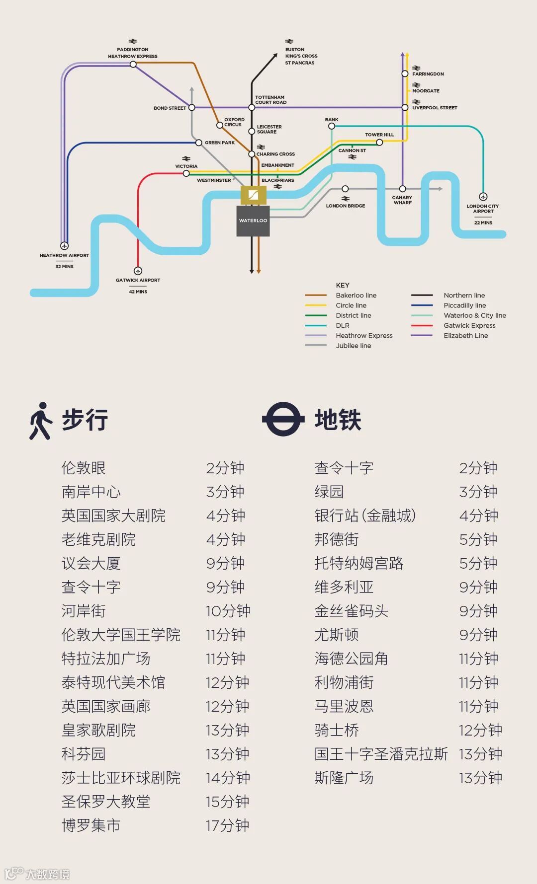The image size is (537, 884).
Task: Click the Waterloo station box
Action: [253, 221]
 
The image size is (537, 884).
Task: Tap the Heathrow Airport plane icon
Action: [64, 246]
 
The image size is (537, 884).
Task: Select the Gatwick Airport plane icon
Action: [138, 271]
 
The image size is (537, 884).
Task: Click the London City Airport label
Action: [482, 209]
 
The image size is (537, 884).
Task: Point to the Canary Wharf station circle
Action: [402, 189]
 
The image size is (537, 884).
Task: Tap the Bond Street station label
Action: [170, 108]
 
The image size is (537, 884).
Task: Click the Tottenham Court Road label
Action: [270, 100]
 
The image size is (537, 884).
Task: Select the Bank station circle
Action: [332, 126]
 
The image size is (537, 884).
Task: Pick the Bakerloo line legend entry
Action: [356, 295]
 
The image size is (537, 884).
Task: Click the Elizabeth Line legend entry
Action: [465, 336]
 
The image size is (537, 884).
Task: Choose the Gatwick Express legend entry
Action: [469, 326]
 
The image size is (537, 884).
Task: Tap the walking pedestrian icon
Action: [40, 421]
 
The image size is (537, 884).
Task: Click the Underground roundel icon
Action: [283, 419]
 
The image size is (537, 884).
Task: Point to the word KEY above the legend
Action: [343, 285]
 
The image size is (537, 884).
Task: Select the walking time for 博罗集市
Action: [228, 825]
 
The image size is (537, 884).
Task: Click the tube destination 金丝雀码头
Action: [351, 611]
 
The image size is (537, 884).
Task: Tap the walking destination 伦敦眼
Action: [84, 468]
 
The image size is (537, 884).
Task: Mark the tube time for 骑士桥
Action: [480, 730]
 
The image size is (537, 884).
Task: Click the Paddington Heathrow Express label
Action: [133, 53]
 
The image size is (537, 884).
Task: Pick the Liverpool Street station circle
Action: [405, 107]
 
